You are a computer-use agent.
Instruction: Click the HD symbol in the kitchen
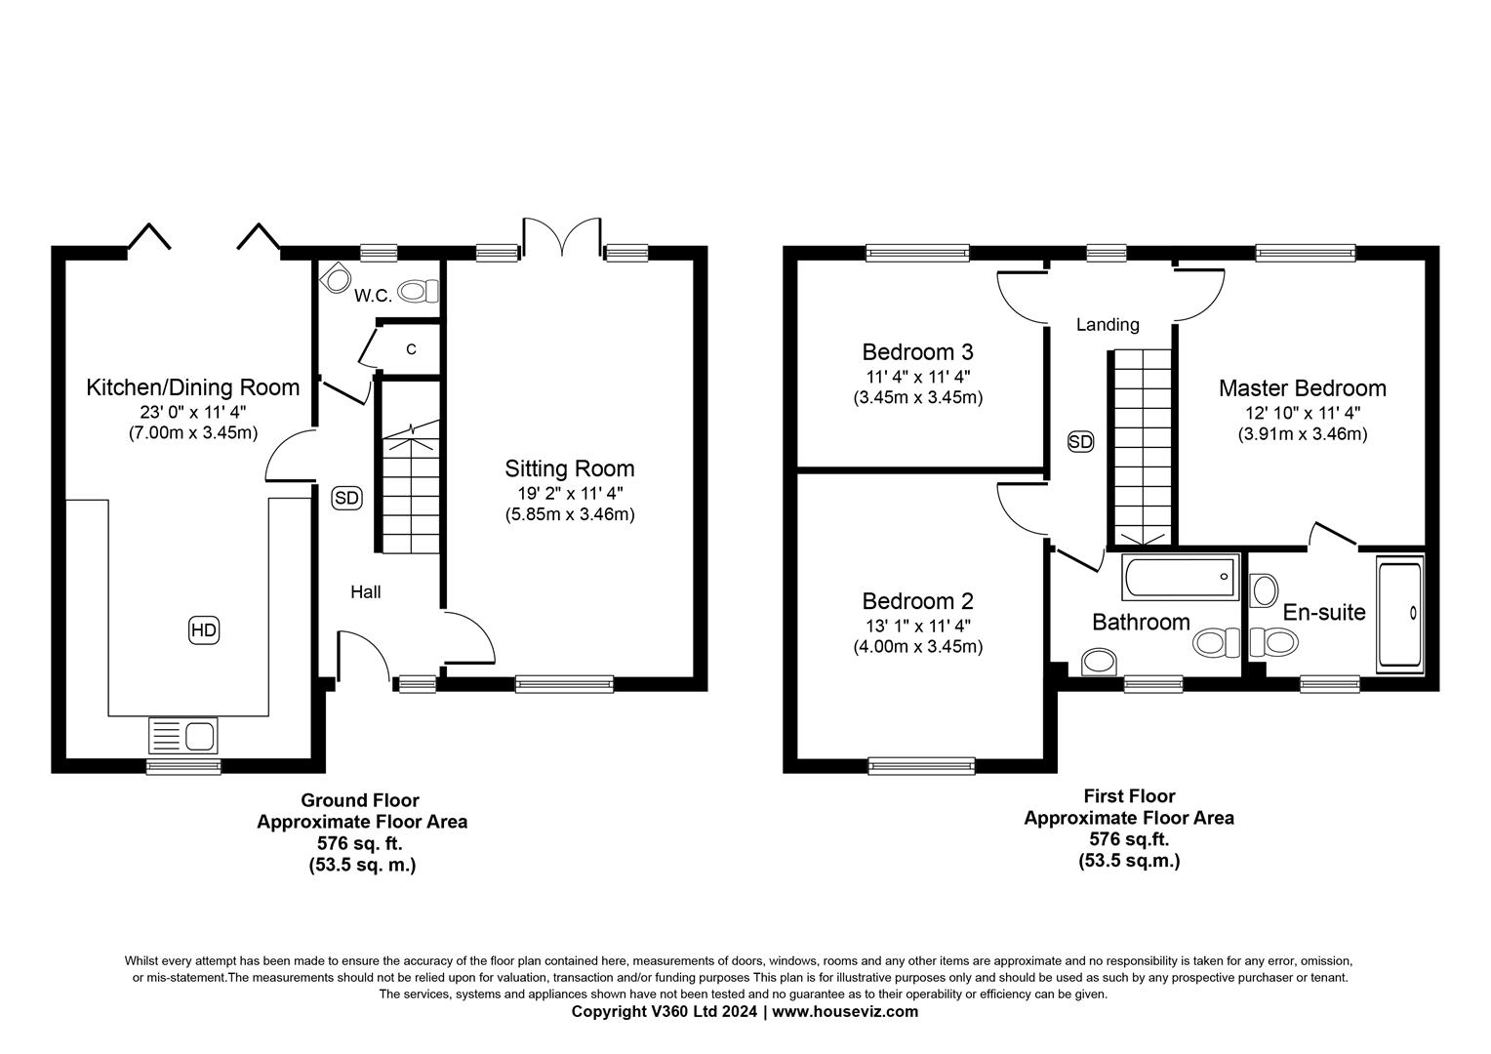[204, 629]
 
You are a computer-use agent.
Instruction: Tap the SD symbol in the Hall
[346, 498]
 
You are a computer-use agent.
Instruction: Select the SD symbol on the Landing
[1080, 441]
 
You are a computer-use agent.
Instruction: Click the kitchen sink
[183, 736]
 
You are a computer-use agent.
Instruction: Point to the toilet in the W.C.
[418, 291]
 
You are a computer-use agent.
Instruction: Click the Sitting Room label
[569, 468]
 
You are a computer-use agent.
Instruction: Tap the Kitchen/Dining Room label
[193, 387]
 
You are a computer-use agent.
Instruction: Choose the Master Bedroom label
[1303, 388]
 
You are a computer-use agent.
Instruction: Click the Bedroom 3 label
[917, 351]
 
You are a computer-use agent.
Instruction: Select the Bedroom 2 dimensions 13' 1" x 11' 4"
[918, 626]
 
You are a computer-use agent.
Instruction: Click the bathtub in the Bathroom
[1180, 577]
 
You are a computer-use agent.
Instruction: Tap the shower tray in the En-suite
[1400, 614]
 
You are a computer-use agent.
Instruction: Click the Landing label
[1108, 324]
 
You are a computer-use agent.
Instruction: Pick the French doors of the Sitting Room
[562, 236]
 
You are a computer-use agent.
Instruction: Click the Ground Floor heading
[360, 799]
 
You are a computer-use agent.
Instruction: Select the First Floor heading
[1130, 795]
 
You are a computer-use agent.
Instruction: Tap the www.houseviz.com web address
[845, 1011]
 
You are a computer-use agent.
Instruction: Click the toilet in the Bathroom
[1216, 642]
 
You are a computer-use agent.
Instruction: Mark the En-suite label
[1324, 612]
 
